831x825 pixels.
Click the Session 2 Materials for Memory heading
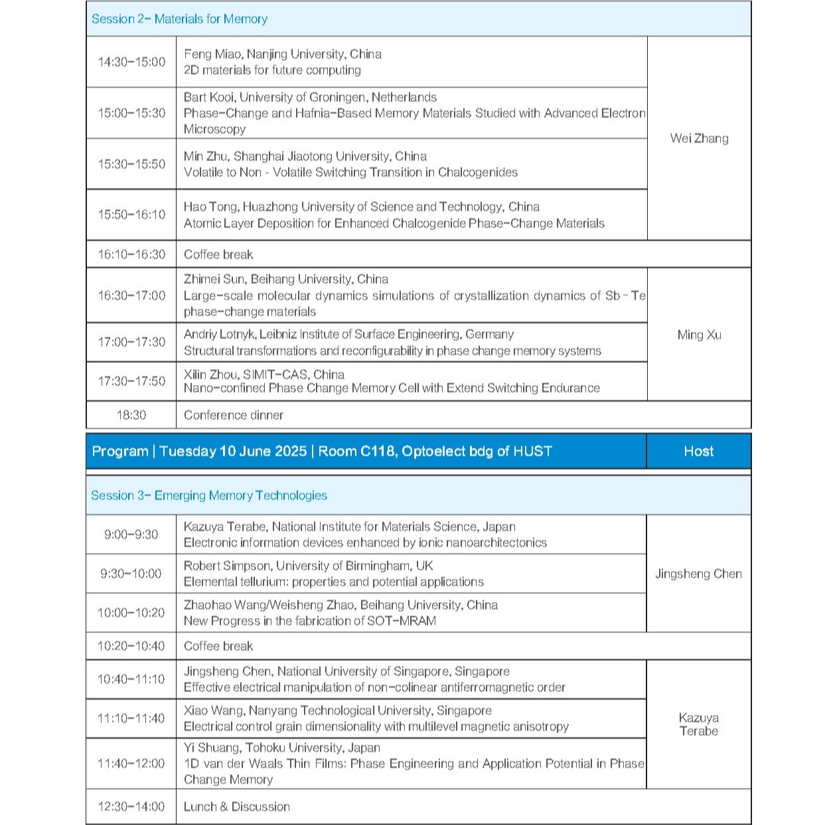(179, 19)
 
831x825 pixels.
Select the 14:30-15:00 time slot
(131, 62)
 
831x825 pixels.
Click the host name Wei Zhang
(699, 138)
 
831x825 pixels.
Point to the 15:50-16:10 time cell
(131, 214)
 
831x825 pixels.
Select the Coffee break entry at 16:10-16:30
(218, 254)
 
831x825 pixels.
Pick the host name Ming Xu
(699, 335)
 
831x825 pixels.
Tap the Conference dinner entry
(234, 415)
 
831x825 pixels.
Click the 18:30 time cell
(131, 415)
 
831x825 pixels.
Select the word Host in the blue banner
(698, 451)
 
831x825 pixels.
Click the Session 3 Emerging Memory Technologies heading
(209, 496)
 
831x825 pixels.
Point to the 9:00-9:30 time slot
(131, 534)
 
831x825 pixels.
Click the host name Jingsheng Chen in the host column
(698, 573)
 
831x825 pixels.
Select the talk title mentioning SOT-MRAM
(310, 621)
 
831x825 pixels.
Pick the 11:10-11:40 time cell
(131, 718)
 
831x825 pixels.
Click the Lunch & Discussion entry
(237, 807)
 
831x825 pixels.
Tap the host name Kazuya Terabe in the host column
(698, 724)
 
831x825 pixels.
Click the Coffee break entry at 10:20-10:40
(218, 646)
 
